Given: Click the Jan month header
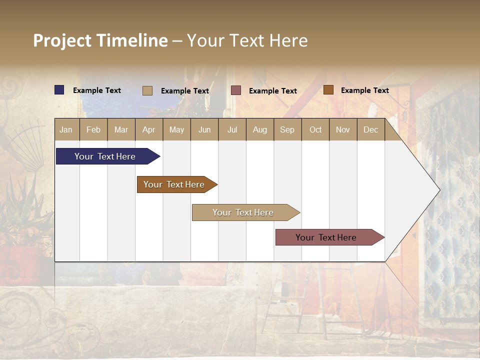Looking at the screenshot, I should (x=66, y=130).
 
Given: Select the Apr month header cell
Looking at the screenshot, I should (x=149, y=130).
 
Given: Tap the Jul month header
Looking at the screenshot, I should (x=232, y=130).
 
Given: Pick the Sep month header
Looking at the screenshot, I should (x=287, y=130).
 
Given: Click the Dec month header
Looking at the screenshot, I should (x=370, y=130).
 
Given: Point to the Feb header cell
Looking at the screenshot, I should (x=93, y=130).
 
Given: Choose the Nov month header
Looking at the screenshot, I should (x=342, y=130).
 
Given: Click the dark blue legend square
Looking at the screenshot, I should (x=59, y=90).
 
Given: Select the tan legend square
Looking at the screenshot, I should (x=147, y=90).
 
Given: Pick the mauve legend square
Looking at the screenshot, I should (x=236, y=90).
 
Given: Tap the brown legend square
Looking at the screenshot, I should (x=328, y=90).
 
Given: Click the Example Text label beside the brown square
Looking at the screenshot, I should (x=364, y=90).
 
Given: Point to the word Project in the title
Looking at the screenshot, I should (x=62, y=40).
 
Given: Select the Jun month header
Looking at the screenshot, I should (x=204, y=130).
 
